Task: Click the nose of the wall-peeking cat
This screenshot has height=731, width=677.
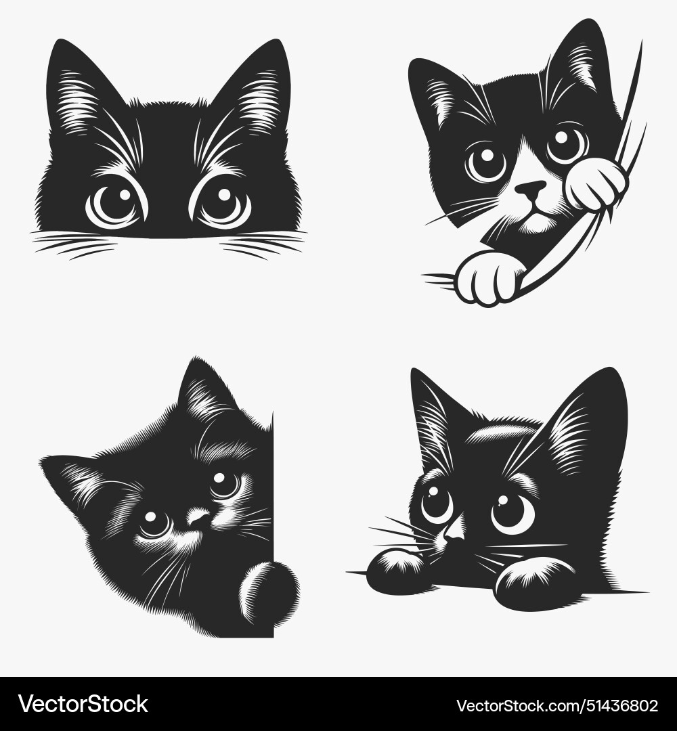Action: click(x=198, y=518)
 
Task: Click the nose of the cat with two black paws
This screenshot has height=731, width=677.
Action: click(x=455, y=532)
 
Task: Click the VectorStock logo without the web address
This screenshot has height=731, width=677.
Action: click(x=83, y=704)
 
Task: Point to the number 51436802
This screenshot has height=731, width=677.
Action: click(x=613, y=705)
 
